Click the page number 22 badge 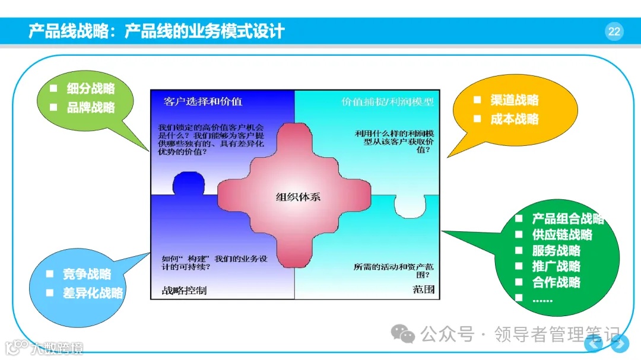pyautogui.click(x=614, y=31)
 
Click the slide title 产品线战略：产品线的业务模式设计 pyautogui.click(x=157, y=31)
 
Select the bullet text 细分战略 pyautogui.click(x=91, y=89)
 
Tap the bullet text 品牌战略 pyautogui.click(x=91, y=107)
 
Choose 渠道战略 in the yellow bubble pyautogui.click(x=514, y=100)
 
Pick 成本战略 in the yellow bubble pyautogui.click(x=514, y=119)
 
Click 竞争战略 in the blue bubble pyautogui.click(x=87, y=274)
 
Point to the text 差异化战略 pyautogui.click(x=93, y=293)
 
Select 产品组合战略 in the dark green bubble pyautogui.click(x=567, y=219)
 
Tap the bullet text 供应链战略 pyautogui.click(x=561, y=235)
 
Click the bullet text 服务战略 pyautogui.click(x=556, y=251)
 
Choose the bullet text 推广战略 pyautogui.click(x=556, y=267)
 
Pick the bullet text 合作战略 pyautogui.click(x=556, y=283)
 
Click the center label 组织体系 pyautogui.click(x=298, y=197)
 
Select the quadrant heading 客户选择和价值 pyautogui.click(x=203, y=101)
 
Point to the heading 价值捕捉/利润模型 pyautogui.click(x=387, y=101)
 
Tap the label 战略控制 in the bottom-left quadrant pyautogui.click(x=184, y=291)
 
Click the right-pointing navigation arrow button pyautogui.click(x=620, y=343)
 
